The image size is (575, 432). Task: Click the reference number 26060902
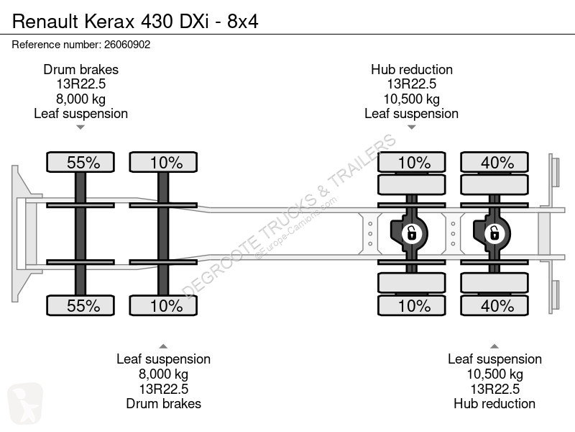tap(127, 45)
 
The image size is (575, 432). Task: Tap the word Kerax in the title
tap(110, 22)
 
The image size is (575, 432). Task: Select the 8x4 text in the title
tap(243, 22)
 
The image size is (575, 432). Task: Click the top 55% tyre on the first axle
tap(80, 162)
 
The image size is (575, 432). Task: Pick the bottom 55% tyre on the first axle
tap(80, 305)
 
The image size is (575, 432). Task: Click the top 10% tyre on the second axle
tap(163, 162)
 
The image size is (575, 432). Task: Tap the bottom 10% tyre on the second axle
tap(163, 305)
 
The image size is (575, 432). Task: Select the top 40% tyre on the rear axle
tap(494, 162)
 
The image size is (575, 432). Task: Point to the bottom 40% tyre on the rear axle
tap(494, 305)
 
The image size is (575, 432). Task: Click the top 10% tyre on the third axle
tap(411, 162)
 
